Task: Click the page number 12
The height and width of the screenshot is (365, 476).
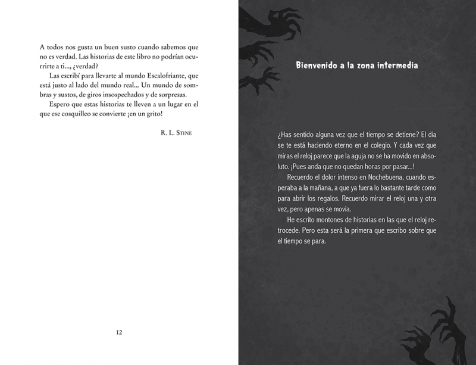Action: [119, 332]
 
